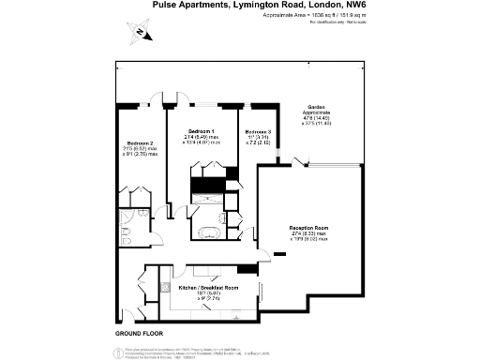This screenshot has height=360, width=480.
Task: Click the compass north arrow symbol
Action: coord(139,34)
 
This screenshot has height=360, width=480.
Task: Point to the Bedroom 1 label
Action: coord(201,129)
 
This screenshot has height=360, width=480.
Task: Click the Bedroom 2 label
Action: coord(141,142)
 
